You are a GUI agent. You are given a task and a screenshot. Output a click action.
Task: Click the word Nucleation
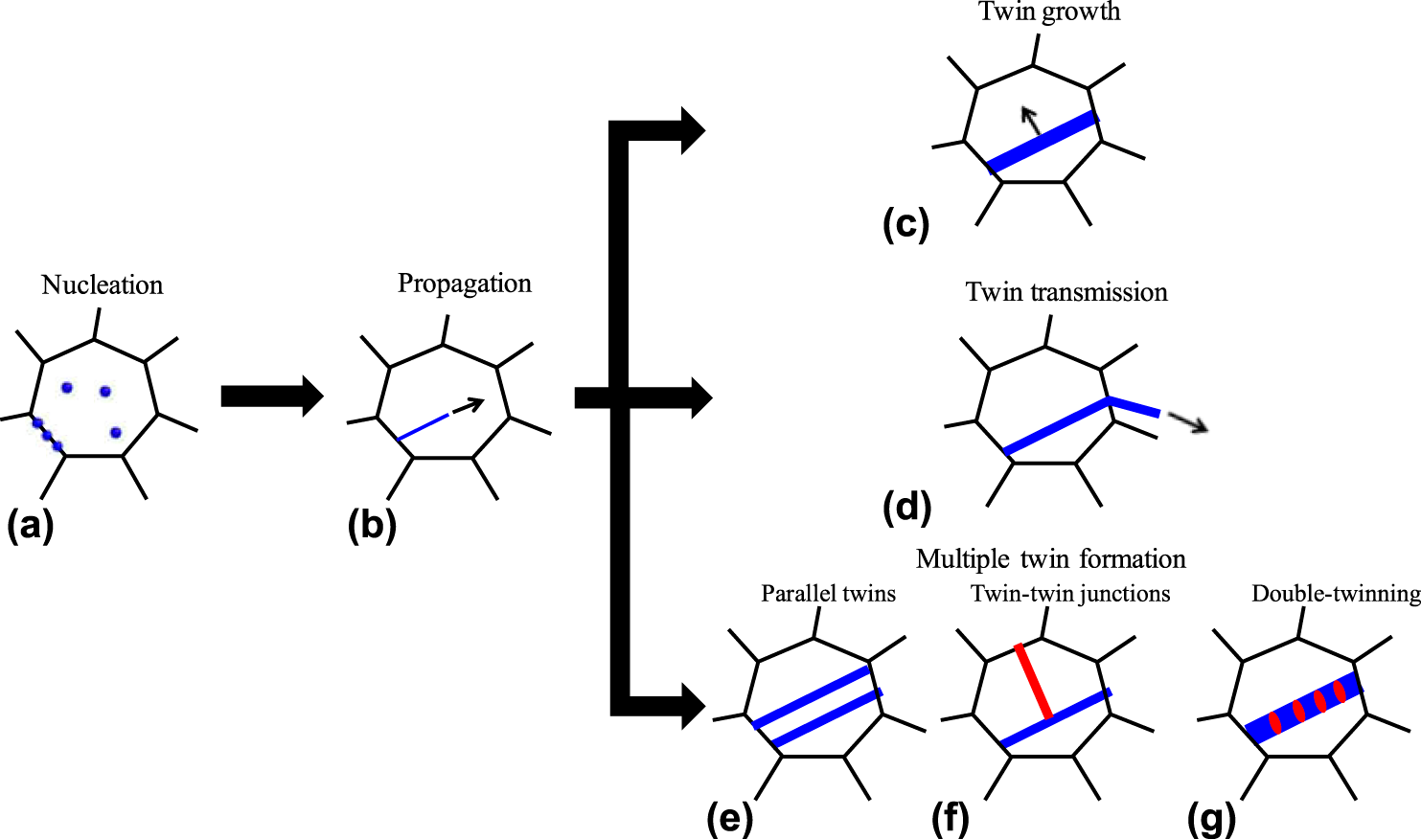coord(103,285)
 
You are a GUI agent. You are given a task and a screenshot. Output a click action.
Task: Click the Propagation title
coord(465,283)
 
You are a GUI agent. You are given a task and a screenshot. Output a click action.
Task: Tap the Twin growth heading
coord(1049,12)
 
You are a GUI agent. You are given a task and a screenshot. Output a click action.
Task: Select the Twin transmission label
coord(1066,292)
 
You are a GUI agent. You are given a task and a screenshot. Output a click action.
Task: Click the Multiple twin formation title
coord(1050,558)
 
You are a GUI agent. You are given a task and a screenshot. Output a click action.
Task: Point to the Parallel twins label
coord(828,594)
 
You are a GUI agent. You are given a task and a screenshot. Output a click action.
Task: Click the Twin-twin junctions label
coord(1070,594)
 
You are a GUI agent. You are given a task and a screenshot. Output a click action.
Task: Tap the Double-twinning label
coord(1336,594)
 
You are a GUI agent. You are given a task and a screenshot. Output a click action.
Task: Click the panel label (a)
coord(30,526)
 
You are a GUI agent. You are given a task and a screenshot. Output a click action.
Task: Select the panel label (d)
coord(906,507)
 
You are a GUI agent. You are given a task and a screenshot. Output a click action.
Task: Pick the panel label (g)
coord(1211,819)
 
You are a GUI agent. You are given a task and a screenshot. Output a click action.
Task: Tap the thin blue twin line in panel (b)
coord(423,427)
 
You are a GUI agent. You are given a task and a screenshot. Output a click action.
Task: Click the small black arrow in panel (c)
coord(1031,121)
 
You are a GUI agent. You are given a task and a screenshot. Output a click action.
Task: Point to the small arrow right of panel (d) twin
coord(1187,422)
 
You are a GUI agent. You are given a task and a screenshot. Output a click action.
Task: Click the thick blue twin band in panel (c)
coord(1042,143)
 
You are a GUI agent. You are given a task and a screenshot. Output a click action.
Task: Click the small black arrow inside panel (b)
coord(468,406)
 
